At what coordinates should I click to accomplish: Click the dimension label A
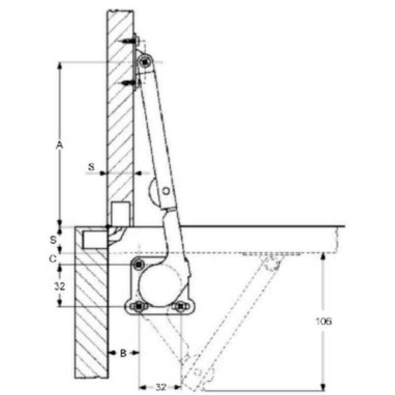click(x=59, y=145)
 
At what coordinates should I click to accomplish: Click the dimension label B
click(x=123, y=353)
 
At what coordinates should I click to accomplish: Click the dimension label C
click(x=53, y=258)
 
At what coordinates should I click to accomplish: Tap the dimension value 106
click(x=324, y=321)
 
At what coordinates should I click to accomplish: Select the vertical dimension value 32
click(x=60, y=286)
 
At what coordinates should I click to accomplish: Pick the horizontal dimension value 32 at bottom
click(x=161, y=387)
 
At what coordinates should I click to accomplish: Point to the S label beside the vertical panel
click(x=91, y=166)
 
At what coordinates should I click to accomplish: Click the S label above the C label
click(x=53, y=239)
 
